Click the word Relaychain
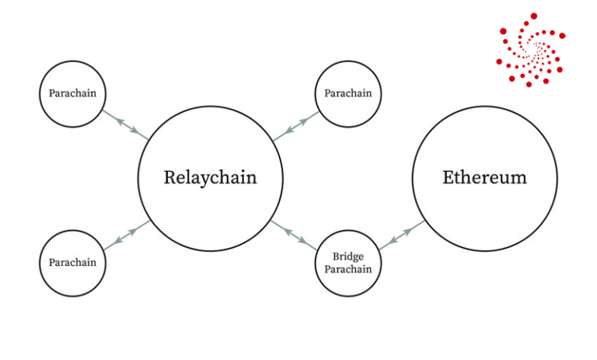(x=210, y=178)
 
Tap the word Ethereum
(x=485, y=177)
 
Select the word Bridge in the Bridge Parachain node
(x=348, y=257)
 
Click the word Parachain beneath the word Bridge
(x=348, y=269)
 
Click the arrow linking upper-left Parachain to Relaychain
(x=125, y=125)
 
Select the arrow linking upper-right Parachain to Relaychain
(x=296, y=126)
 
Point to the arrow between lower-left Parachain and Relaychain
(x=127, y=236)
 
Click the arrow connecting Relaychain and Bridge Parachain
(x=294, y=236)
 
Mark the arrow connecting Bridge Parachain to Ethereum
(x=402, y=236)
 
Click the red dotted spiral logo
(x=531, y=50)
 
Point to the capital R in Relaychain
(x=170, y=177)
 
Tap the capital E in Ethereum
(x=449, y=177)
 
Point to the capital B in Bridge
(x=336, y=257)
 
